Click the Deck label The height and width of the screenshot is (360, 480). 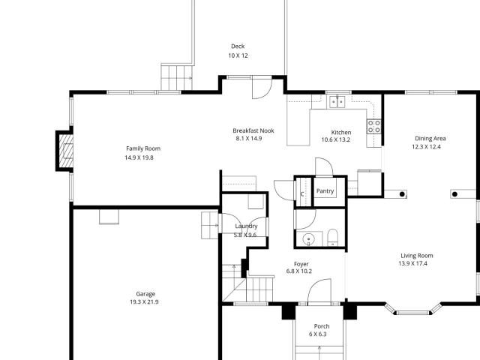238,46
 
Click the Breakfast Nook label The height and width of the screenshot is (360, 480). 253,130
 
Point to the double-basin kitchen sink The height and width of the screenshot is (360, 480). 337,101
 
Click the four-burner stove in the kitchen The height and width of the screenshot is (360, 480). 373,127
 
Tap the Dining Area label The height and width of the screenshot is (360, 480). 430,138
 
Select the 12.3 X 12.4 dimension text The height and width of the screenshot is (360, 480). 426,147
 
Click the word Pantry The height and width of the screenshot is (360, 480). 325,191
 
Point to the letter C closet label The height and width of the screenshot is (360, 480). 302,194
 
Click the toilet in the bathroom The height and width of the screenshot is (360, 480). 334,238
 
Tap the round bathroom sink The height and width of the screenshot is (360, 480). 307,239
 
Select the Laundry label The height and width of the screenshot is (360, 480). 246,226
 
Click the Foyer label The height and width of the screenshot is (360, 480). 301,264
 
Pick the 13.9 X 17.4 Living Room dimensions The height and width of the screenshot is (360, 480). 415,264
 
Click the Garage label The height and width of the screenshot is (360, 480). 145,293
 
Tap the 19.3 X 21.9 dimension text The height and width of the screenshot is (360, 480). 144,302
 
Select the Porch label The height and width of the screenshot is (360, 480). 321,326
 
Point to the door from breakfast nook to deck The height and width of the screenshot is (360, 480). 259,88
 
